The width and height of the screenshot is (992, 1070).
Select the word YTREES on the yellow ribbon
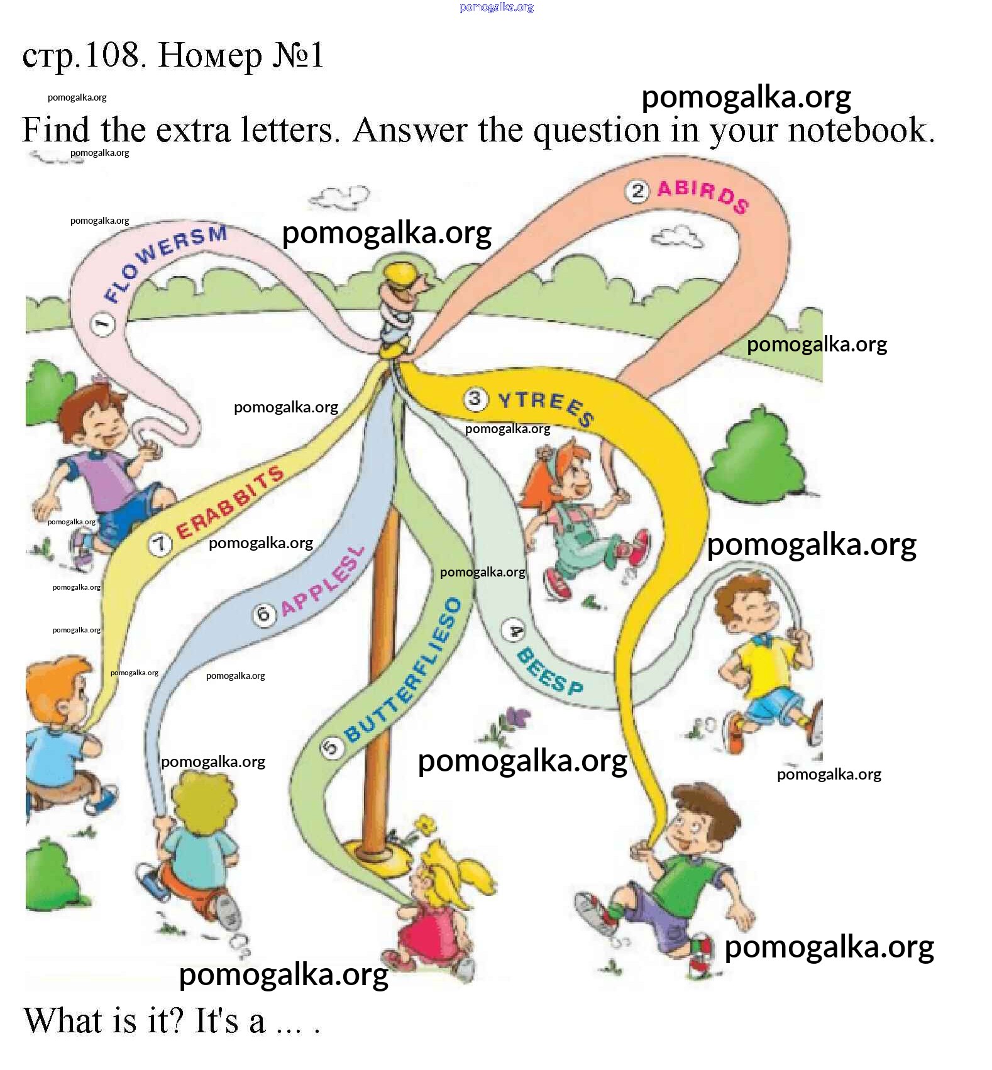click(x=545, y=407)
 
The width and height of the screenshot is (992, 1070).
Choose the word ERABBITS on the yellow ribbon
click(x=229, y=504)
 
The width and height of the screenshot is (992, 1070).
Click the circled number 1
click(x=103, y=324)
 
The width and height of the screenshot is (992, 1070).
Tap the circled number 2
click(x=637, y=191)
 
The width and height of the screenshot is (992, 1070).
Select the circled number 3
click(x=476, y=398)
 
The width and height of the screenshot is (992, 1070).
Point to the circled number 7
click(x=160, y=544)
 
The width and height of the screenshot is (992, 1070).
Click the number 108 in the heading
click(x=112, y=55)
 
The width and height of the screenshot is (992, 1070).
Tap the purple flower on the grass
click(x=518, y=716)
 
